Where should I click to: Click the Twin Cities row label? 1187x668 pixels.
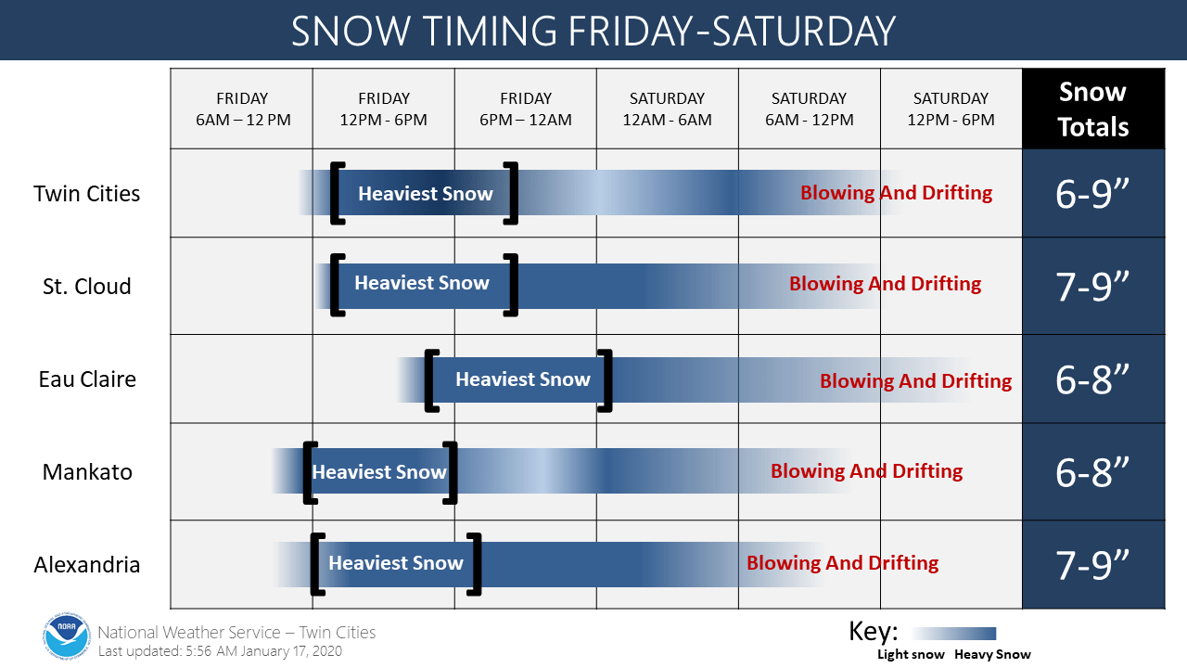tap(87, 194)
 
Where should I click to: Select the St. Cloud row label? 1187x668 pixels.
tap(87, 287)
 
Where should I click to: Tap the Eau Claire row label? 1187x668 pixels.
tap(87, 379)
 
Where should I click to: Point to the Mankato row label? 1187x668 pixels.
tap(87, 472)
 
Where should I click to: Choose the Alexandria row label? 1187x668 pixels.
tap(87, 565)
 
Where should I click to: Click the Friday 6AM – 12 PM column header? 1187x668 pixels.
tap(243, 109)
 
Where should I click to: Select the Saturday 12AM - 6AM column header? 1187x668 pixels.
tap(667, 109)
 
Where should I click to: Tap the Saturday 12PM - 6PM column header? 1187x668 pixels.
tap(951, 109)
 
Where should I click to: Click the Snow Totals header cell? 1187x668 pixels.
tap(1093, 109)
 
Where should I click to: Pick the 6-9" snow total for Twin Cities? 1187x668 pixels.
tap(1092, 194)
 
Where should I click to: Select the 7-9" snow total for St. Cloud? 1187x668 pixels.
tap(1092, 287)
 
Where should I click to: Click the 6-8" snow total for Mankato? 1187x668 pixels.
tap(1092, 472)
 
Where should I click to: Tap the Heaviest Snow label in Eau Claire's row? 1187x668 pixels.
tap(523, 379)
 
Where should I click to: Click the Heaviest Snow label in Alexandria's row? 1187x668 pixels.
tap(396, 563)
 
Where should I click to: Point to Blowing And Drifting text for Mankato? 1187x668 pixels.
tap(866, 471)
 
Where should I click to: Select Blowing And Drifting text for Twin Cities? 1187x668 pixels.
tap(896, 193)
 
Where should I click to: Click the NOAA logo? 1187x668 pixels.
tap(66, 636)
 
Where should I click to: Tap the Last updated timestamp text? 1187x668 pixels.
tap(220, 651)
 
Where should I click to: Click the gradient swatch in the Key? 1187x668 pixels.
tap(954, 634)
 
